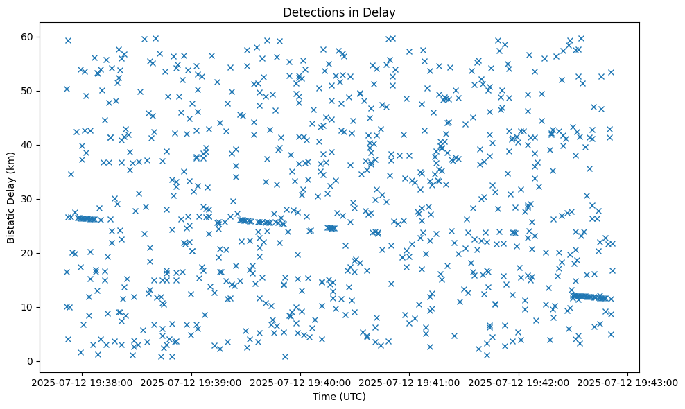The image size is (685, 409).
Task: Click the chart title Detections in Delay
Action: coord(339,12)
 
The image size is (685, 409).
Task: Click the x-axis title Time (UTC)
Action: coord(339,397)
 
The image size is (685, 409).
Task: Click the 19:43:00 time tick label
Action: coord(628,382)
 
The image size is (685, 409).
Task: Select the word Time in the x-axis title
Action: coord(324,397)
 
